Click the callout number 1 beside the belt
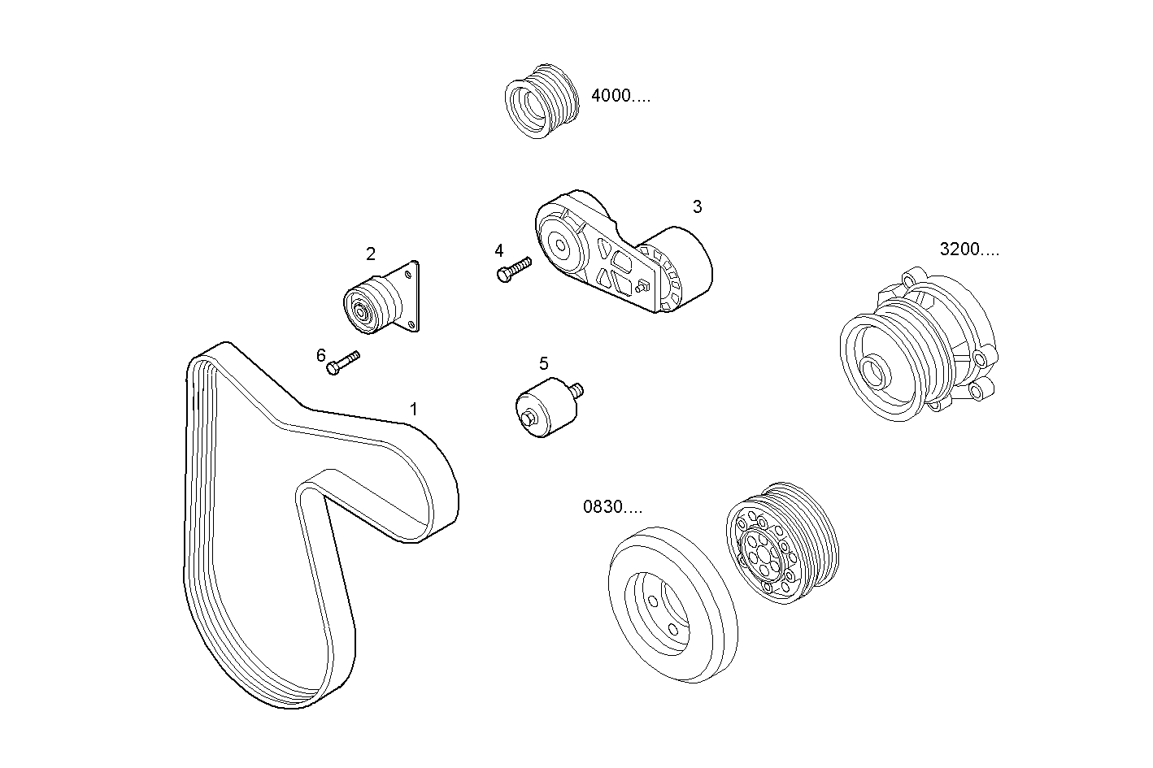pos(413,409)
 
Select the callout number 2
pos(371,254)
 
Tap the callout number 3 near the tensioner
pos(697,206)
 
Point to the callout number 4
pos(499,250)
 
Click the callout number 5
pos(543,363)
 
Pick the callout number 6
pos(321,355)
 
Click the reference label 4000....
pos(620,96)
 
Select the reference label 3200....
pos(969,249)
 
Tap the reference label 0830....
pos(612,507)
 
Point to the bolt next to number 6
pos(342,362)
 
